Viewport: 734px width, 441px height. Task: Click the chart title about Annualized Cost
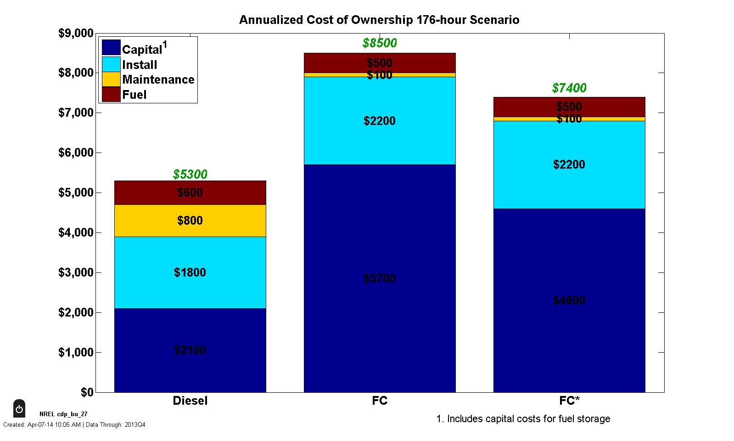coord(379,20)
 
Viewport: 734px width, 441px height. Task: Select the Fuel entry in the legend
coord(134,95)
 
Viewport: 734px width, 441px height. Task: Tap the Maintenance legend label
coord(158,79)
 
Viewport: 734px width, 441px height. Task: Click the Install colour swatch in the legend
coord(111,64)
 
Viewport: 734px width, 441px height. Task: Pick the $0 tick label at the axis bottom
coord(87,392)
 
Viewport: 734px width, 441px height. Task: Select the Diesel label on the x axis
coord(190,401)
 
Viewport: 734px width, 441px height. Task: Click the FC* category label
coord(569,401)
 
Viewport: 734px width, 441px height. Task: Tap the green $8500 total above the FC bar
coord(380,43)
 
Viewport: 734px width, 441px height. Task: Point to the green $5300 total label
coord(190,175)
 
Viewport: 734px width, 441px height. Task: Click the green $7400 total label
coord(569,88)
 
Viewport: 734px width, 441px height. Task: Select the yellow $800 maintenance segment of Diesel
coord(190,220)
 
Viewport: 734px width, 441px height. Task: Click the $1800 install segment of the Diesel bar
coord(190,272)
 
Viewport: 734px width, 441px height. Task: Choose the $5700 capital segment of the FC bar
coord(380,278)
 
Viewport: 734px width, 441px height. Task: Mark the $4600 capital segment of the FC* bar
coord(569,300)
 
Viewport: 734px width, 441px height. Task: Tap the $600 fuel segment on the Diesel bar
coord(190,192)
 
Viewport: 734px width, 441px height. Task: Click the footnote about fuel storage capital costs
coord(523,419)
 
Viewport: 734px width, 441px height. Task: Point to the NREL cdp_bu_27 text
coord(63,414)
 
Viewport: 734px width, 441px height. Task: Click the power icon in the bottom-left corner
coord(19,408)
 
